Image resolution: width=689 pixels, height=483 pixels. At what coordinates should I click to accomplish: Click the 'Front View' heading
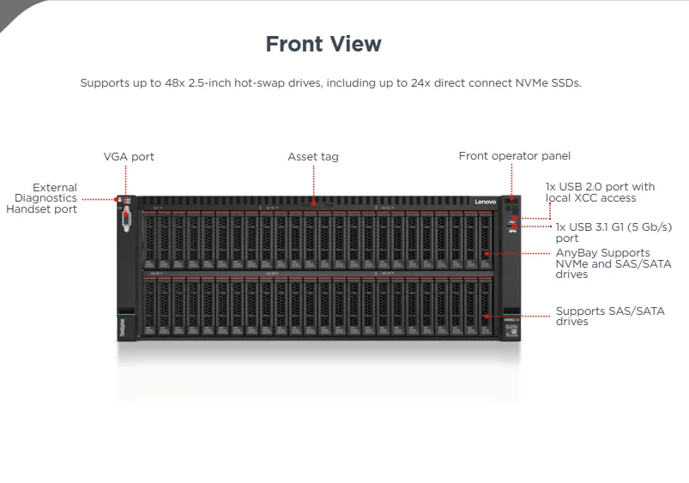click(323, 44)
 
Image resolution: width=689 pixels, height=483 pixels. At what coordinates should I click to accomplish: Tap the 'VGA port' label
click(129, 157)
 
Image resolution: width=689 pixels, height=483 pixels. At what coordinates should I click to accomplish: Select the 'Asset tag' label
click(313, 157)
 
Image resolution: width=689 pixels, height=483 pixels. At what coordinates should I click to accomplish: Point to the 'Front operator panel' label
click(514, 156)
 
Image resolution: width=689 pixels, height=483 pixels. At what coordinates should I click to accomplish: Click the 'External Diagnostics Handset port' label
click(42, 198)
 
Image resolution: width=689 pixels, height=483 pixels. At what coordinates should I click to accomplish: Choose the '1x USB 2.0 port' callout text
click(600, 192)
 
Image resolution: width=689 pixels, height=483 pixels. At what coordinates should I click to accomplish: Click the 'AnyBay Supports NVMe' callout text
click(602, 263)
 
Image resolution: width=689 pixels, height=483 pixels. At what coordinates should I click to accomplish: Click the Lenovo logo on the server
click(486, 201)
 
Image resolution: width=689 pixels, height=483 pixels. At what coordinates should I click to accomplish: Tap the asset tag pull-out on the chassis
click(314, 204)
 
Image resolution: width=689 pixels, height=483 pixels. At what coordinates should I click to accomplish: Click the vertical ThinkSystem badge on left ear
click(122, 328)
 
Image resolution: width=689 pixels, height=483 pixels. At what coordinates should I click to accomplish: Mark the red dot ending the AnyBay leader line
click(486, 254)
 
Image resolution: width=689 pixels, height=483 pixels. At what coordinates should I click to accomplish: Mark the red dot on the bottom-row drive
click(486, 317)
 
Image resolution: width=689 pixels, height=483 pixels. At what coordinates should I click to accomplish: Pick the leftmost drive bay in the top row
click(149, 240)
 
